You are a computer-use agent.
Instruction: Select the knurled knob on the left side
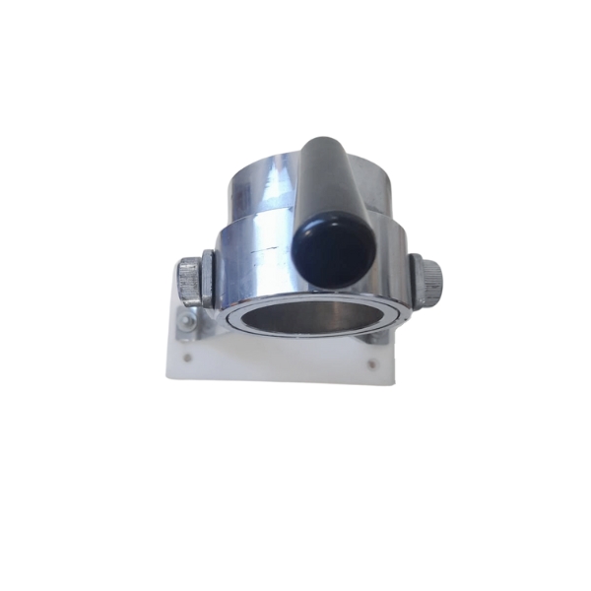point(188,282)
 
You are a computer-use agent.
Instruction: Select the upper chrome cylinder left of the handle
point(262,187)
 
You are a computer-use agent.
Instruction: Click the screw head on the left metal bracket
point(187,319)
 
